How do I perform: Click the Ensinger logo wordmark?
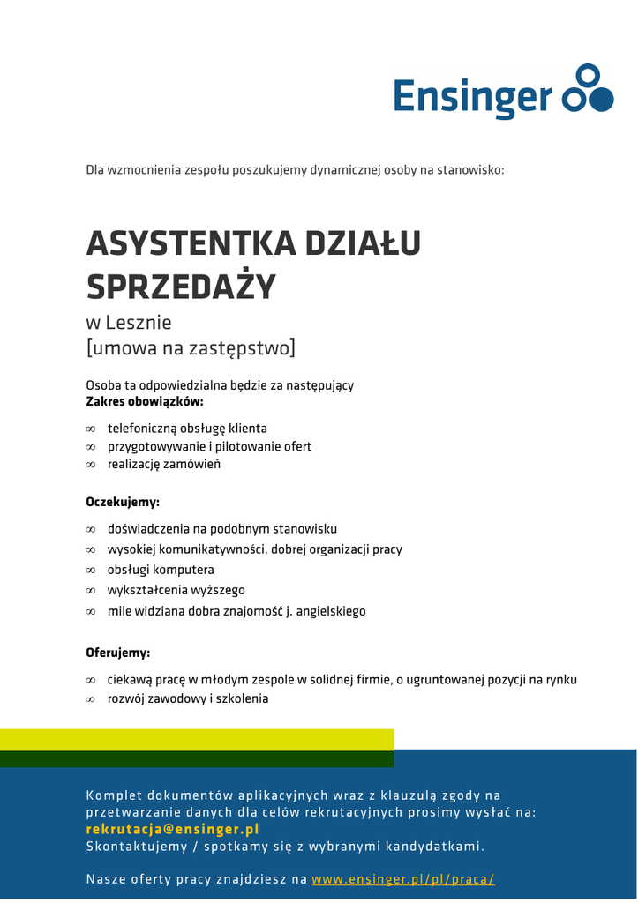(472, 96)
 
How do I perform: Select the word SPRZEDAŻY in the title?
(181, 287)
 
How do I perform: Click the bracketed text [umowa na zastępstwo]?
(191, 348)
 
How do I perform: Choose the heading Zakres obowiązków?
(144, 402)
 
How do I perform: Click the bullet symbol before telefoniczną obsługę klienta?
(90, 429)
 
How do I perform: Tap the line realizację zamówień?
(164, 464)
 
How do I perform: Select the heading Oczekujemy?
(123, 502)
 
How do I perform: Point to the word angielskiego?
(330, 610)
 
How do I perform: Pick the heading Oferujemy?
(118, 653)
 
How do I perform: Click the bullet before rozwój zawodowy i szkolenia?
(90, 699)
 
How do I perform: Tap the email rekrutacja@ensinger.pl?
(172, 829)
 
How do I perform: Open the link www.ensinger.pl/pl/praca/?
(402, 879)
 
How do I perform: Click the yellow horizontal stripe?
(196, 739)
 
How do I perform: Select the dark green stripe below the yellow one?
(196, 758)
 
